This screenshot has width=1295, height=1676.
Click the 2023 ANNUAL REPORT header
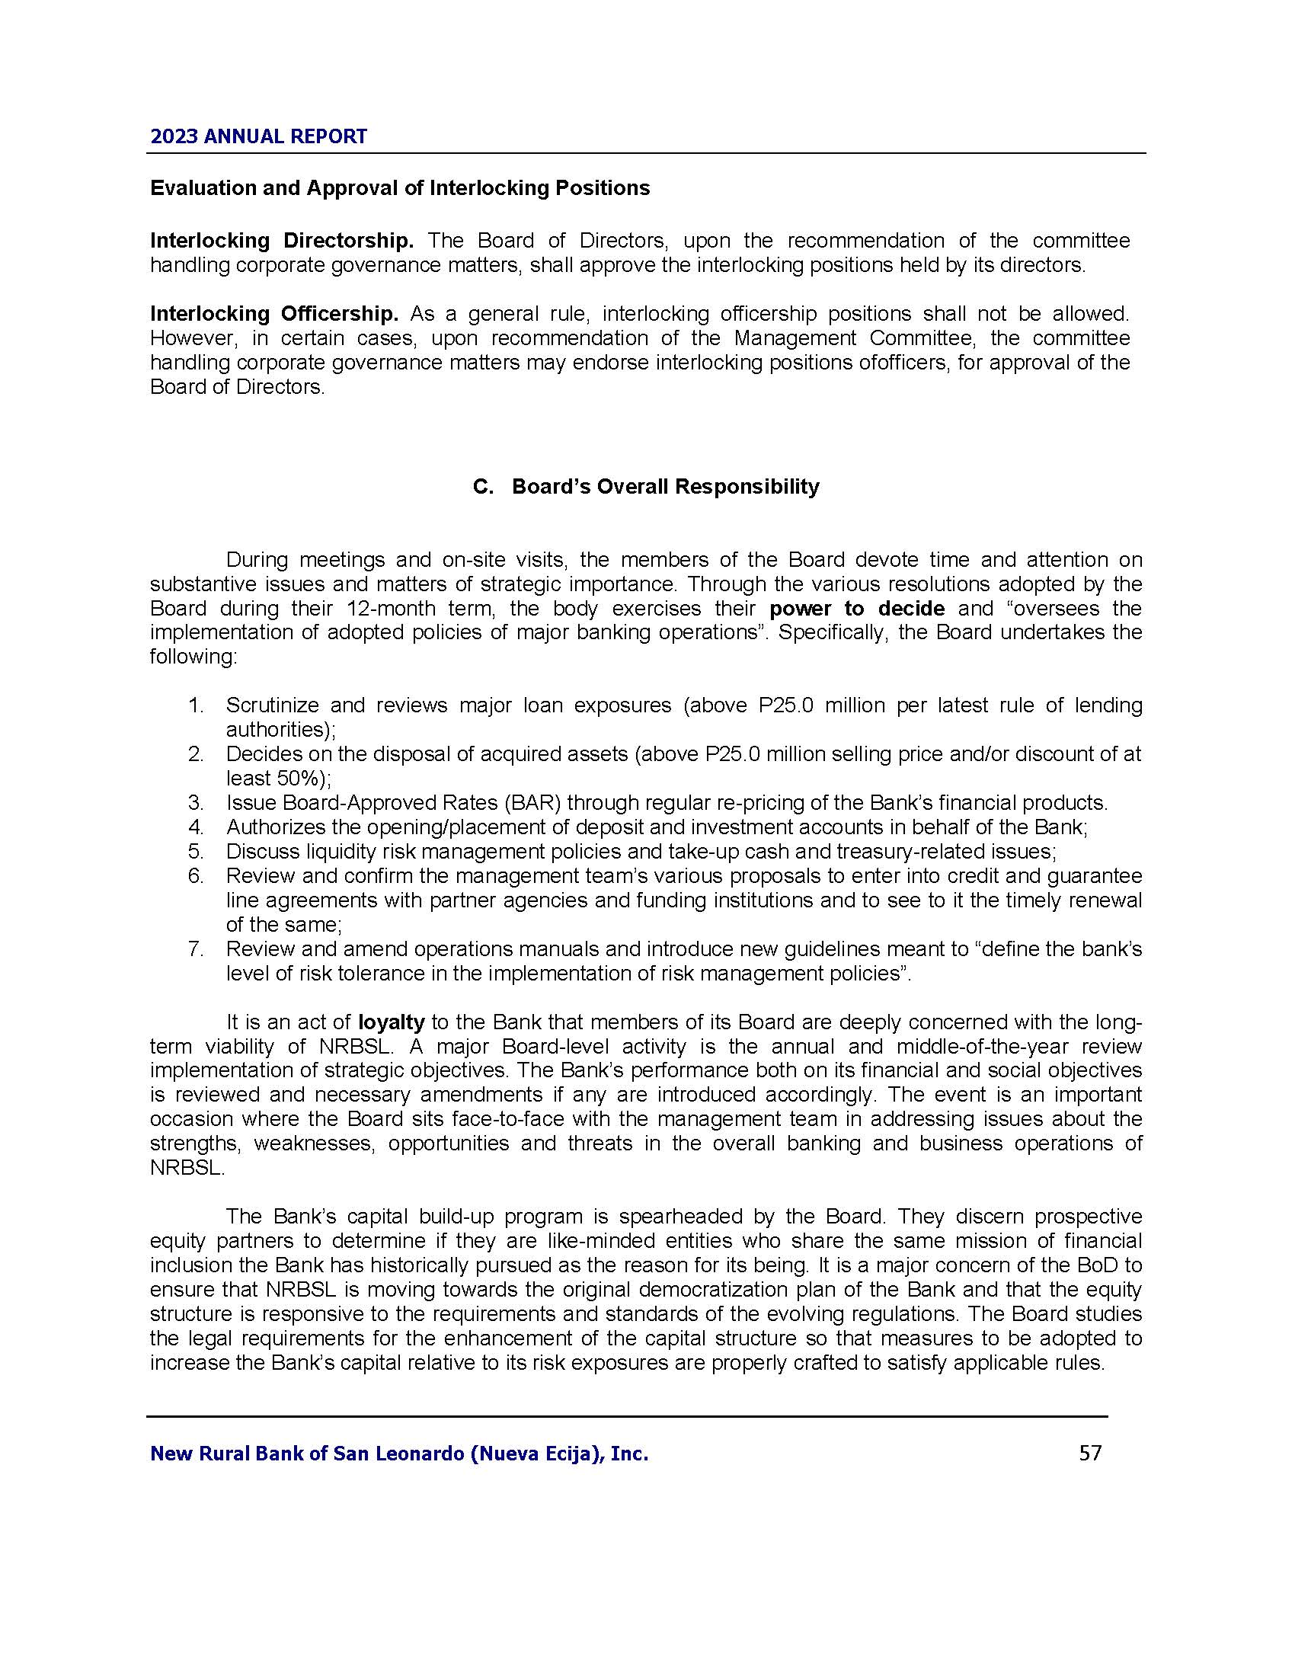258,136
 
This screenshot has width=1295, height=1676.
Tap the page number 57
1090,1453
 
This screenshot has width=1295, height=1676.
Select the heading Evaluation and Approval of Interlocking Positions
400,188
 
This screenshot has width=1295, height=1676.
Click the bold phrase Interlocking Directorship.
282,241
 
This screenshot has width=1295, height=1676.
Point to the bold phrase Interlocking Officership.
274,314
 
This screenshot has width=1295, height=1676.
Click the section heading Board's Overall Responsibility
665,487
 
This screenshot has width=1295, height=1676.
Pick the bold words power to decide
856,609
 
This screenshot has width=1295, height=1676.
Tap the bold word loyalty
392,1022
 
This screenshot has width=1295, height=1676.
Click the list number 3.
196,803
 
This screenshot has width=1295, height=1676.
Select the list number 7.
196,949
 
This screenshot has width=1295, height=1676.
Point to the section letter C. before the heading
483,487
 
